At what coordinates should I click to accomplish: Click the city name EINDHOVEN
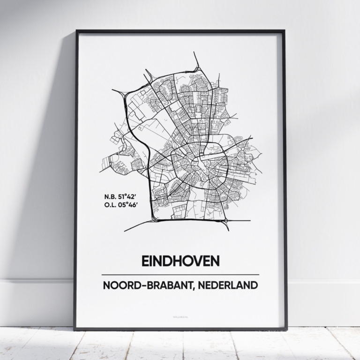click(180, 261)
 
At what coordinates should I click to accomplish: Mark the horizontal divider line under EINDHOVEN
click(180, 274)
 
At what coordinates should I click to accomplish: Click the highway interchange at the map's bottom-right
click(225, 220)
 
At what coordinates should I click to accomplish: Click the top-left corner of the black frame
click(77, 31)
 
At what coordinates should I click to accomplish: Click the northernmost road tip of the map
click(194, 52)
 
